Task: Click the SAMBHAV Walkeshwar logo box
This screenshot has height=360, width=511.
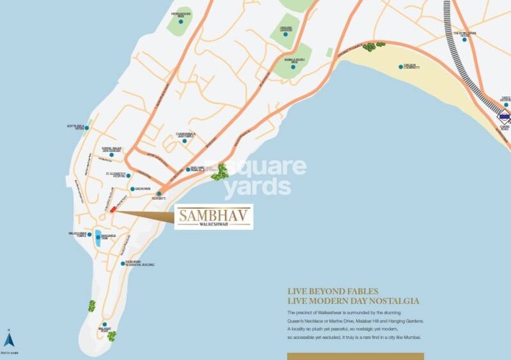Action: pyautogui.click(x=214, y=217)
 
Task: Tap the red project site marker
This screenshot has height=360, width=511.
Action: pyautogui.click(x=112, y=209)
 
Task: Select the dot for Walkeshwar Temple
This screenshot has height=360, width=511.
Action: pyautogui.click(x=89, y=235)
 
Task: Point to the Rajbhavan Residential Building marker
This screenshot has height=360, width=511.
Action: pyautogui.click(x=123, y=263)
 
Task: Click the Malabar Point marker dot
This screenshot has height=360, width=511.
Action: pyautogui.click(x=104, y=325)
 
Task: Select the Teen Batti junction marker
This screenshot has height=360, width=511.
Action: pyautogui.click(x=158, y=193)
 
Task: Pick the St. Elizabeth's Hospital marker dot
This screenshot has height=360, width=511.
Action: pyautogui.click(x=128, y=176)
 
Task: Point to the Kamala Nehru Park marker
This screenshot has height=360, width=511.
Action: pyautogui.click(x=293, y=66)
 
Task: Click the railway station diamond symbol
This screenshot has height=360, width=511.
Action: pyautogui.click(x=505, y=117)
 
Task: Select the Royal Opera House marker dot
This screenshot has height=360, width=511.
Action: pyautogui.click(x=464, y=40)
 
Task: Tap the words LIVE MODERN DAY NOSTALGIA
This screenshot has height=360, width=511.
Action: pyautogui.click(x=353, y=301)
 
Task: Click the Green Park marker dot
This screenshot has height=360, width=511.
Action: pyautogui.click(x=132, y=189)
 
